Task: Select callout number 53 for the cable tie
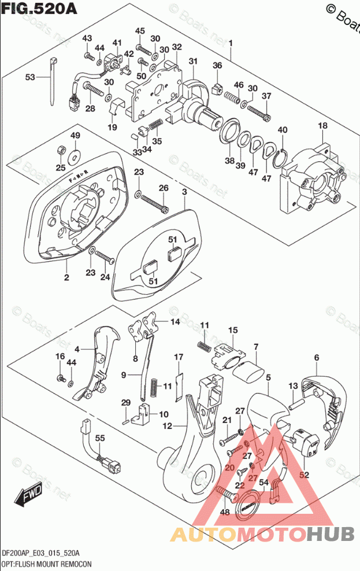(30, 77)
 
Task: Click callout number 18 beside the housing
(322, 126)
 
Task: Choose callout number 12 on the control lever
(168, 427)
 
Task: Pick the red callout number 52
(304, 475)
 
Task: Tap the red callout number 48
(225, 512)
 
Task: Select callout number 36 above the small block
(217, 65)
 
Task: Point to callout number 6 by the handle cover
(316, 358)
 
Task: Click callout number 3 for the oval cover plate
(184, 191)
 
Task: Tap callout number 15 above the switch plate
(232, 331)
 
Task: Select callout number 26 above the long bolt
(164, 188)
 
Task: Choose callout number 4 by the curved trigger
(77, 348)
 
